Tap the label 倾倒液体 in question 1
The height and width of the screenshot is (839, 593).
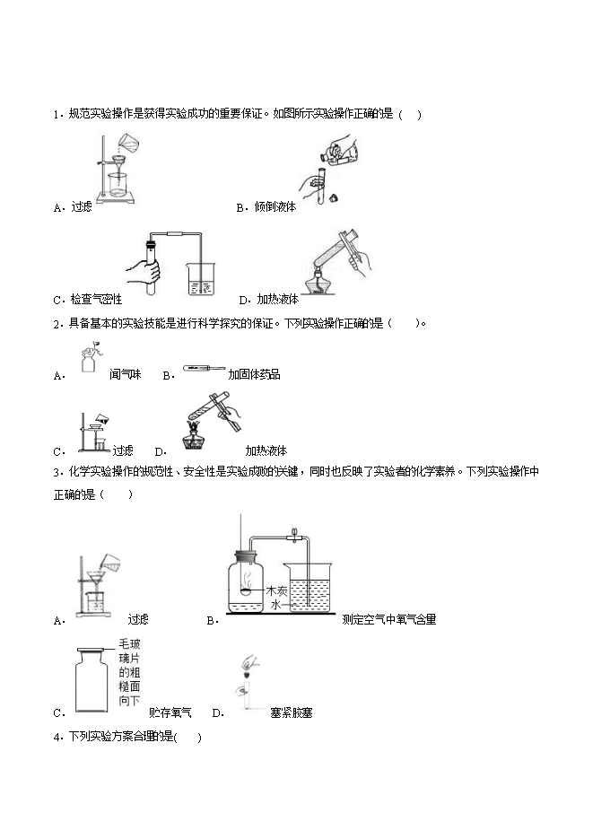[275, 207]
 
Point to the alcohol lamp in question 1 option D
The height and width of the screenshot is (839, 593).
[320, 282]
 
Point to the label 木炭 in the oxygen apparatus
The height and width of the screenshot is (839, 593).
[275, 590]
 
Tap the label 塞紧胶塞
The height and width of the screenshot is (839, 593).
[291, 713]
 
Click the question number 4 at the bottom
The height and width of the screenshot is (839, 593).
[57, 738]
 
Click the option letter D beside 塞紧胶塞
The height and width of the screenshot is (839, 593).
[217, 713]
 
